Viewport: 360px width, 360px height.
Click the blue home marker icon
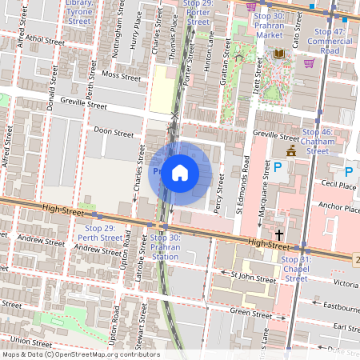click(x=180, y=172)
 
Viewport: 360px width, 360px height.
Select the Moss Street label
click(x=121, y=76)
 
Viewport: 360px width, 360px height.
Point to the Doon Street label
click(x=114, y=133)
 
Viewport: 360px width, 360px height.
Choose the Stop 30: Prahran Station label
click(x=165, y=247)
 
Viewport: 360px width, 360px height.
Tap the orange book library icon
click(x=278, y=54)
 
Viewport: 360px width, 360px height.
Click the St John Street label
click(x=253, y=275)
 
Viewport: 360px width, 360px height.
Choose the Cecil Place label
click(x=337, y=185)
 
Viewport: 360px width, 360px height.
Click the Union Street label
click(x=32, y=341)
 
